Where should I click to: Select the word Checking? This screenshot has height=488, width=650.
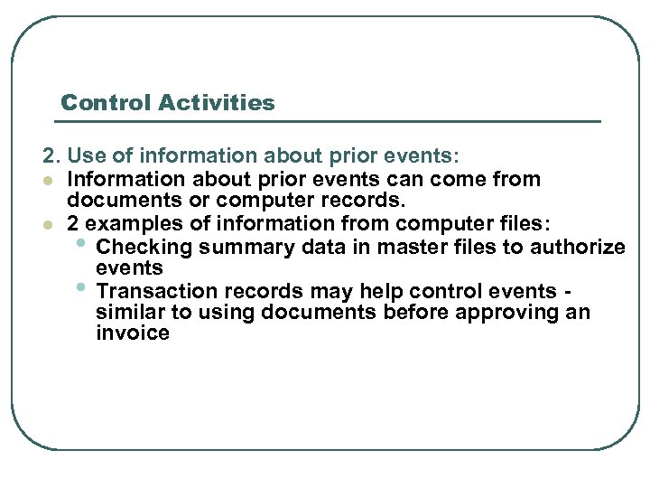139,247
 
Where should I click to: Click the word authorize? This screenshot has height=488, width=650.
579,247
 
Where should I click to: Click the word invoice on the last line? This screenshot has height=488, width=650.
132,333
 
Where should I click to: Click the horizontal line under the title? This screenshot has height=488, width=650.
330,121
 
